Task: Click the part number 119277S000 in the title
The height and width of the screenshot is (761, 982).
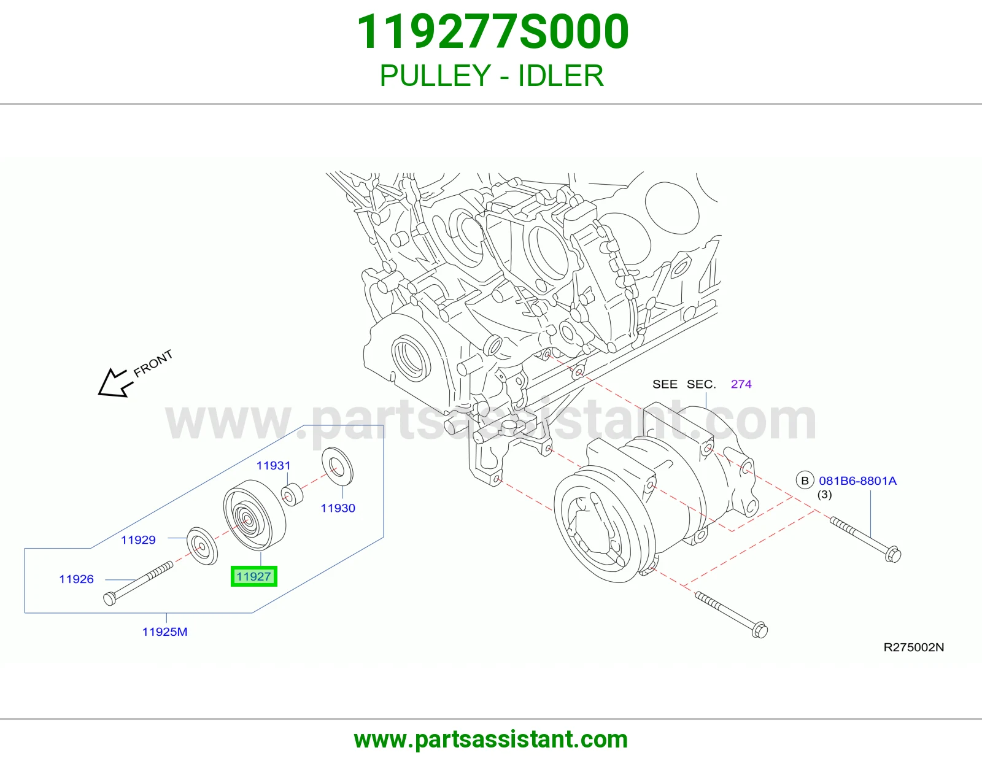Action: [x=493, y=32]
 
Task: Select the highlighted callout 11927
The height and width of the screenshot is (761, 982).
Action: [x=253, y=577]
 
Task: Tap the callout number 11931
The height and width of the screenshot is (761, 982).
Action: [x=273, y=465]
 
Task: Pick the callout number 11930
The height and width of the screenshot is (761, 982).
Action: [x=338, y=508]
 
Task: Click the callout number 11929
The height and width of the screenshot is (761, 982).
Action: [x=138, y=539]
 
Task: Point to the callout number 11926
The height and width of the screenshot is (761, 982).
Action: [x=76, y=579]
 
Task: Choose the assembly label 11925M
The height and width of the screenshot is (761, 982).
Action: [x=165, y=632]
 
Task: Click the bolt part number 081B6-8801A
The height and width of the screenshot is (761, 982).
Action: [x=858, y=481]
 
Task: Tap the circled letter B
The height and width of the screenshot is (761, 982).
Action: [x=805, y=481]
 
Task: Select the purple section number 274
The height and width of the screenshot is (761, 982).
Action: [x=741, y=384]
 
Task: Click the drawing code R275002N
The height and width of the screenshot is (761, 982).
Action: [x=914, y=647]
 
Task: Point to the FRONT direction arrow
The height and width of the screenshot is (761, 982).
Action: [x=115, y=383]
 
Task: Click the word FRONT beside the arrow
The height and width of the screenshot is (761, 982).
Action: [x=153, y=363]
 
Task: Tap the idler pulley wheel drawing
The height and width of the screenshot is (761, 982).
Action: [x=255, y=515]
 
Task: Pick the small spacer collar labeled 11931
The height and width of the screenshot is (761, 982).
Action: [x=292, y=495]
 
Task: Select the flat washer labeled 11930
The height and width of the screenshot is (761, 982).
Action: [x=338, y=466]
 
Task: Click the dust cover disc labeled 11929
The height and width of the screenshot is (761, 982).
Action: [x=202, y=546]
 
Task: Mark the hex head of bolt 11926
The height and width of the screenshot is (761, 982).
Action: [x=109, y=599]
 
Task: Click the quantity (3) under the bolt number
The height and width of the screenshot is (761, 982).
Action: [x=825, y=495]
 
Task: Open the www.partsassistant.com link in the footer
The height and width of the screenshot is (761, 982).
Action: [x=491, y=740]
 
